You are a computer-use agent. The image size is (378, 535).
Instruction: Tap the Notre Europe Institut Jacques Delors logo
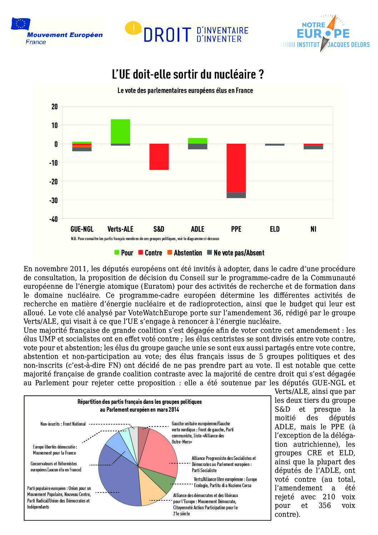click(324, 34)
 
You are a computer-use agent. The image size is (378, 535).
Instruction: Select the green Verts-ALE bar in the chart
click(120, 131)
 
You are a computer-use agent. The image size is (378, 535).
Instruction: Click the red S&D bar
click(159, 157)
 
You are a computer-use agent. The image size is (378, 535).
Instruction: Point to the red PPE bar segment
click(236, 168)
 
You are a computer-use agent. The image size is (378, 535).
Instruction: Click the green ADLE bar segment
click(198, 141)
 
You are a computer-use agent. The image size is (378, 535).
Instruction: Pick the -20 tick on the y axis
click(54, 182)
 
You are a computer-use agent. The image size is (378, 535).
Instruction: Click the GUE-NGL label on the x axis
click(82, 229)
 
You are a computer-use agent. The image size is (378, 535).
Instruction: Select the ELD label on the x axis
click(275, 229)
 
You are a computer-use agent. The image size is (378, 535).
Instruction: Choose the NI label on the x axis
click(313, 229)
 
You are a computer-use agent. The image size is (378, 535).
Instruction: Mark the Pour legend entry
click(124, 253)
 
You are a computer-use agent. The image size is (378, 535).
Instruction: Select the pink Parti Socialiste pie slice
click(159, 452)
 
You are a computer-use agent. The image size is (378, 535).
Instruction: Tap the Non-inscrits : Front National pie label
click(63, 424)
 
